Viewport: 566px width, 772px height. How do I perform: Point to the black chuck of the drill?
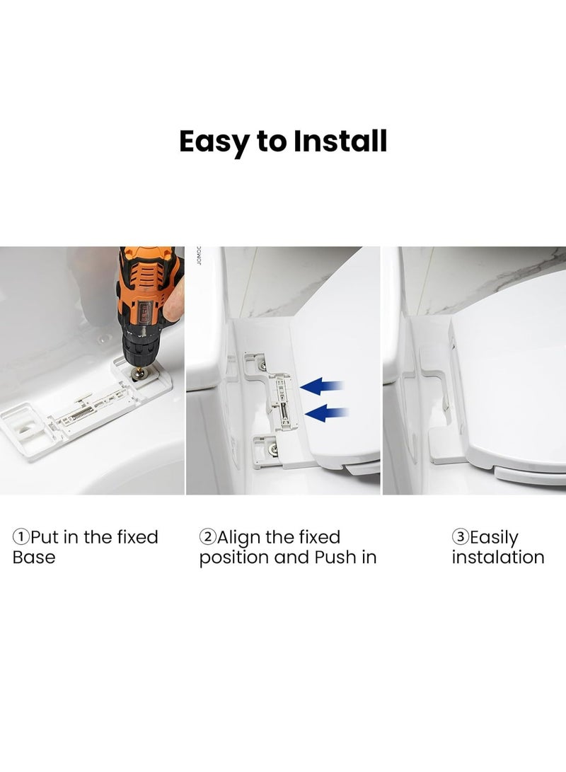point(138,353)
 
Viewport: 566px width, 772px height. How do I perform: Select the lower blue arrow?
point(328,413)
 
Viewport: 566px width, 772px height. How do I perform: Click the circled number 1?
point(21,537)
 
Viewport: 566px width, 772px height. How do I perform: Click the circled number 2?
point(207,537)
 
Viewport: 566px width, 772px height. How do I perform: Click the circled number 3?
point(460,537)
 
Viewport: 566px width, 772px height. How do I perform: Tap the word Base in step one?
point(33,558)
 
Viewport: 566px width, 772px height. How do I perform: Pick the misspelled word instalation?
point(498,558)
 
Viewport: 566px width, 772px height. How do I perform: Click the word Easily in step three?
point(493,538)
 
